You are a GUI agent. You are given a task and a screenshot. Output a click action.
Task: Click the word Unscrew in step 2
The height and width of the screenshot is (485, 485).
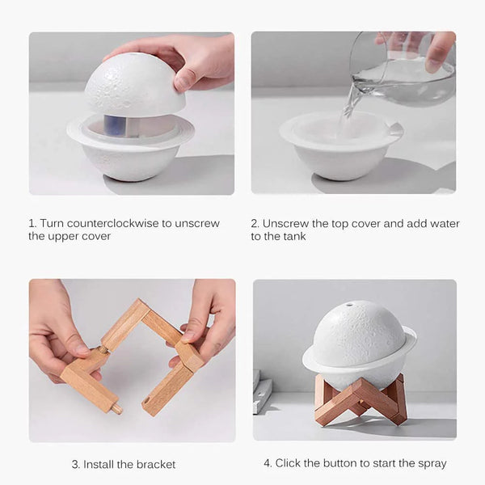tap(285, 223)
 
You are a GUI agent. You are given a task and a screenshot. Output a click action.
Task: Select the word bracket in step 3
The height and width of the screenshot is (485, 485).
tap(155, 464)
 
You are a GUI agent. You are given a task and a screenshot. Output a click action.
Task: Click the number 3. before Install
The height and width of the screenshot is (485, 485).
tap(76, 464)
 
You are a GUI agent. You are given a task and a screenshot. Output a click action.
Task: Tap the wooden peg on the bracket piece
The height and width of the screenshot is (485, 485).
tap(117, 409)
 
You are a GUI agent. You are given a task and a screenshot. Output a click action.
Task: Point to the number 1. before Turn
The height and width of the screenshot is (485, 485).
tap(32, 223)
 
